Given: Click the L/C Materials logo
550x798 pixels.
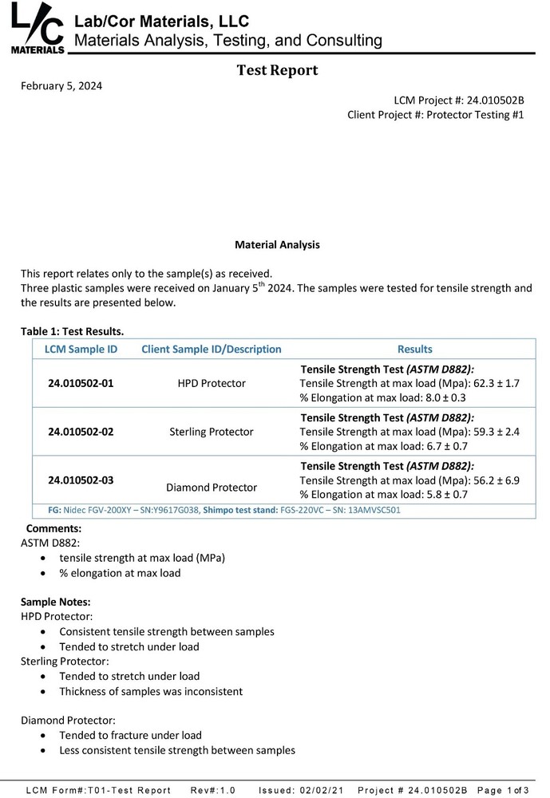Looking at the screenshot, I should pos(38,30).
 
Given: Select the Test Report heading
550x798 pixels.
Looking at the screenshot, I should pos(277,70).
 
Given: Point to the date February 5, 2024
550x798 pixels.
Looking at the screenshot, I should pos(61,86).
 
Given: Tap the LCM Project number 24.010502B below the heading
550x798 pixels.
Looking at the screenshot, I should pos(493,101).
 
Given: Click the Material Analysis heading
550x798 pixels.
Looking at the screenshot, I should pos(277,245).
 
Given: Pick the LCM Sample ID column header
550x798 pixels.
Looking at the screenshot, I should pos(81,349).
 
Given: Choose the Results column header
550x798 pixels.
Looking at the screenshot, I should pos(414,349).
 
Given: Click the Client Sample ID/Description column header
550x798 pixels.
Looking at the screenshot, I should pos(211,349).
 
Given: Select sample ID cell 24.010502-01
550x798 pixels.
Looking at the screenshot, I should pos(81,383).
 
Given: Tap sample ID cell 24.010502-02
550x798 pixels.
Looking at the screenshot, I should pos(81,432).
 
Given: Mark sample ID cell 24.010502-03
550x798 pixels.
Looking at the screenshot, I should pos(81,480).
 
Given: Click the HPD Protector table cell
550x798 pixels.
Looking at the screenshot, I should pos(211,383).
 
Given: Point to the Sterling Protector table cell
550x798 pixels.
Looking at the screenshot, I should pos(211,432).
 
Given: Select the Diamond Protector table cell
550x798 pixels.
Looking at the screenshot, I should pos(211,487).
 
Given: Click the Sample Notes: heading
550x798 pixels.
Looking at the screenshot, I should pos(55,601).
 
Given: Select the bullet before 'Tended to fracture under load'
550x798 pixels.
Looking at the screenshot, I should pos(42,735).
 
